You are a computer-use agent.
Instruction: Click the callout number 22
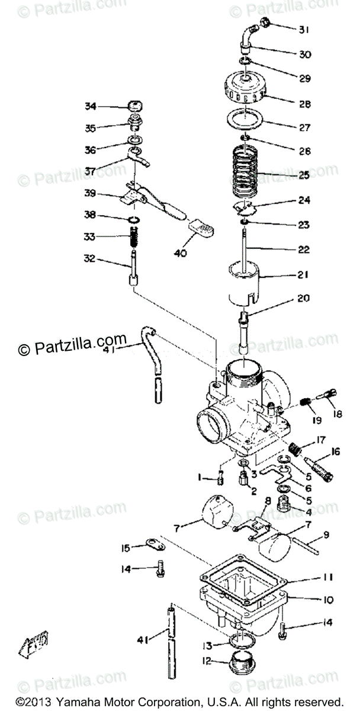click(x=303, y=249)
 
